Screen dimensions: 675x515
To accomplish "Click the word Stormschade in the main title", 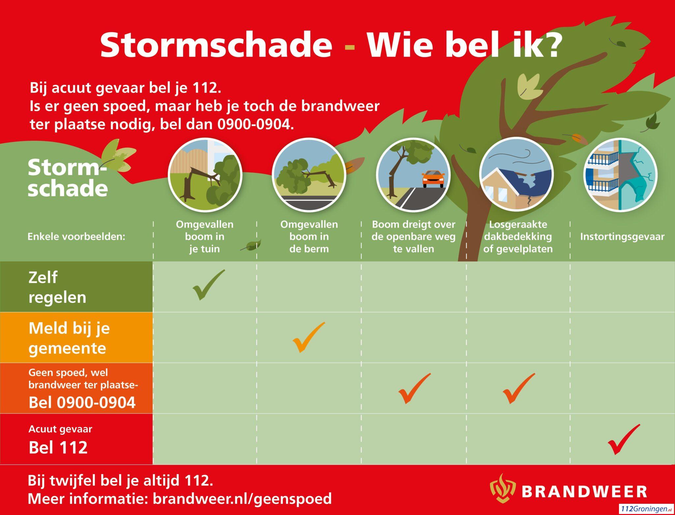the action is point(216,45).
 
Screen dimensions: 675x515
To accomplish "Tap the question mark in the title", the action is point(548,45).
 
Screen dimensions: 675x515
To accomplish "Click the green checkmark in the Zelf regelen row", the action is point(209,284).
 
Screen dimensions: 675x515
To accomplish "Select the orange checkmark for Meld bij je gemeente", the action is point(309,337).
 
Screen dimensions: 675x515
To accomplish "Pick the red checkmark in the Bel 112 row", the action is point(624,439).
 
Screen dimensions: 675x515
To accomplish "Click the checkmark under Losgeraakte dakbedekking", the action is point(519,388).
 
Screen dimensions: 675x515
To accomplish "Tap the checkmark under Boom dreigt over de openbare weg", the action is point(415,388).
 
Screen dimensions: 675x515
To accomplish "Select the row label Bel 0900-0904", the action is point(82,402).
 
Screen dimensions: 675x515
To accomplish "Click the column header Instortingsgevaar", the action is point(622,237).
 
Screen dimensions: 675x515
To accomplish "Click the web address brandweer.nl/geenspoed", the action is point(242,499).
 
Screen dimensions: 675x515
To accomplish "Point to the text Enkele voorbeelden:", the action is point(76,237).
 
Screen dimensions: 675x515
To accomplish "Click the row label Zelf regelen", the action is point(57,287).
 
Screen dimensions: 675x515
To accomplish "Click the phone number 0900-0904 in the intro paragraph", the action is point(255,124).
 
